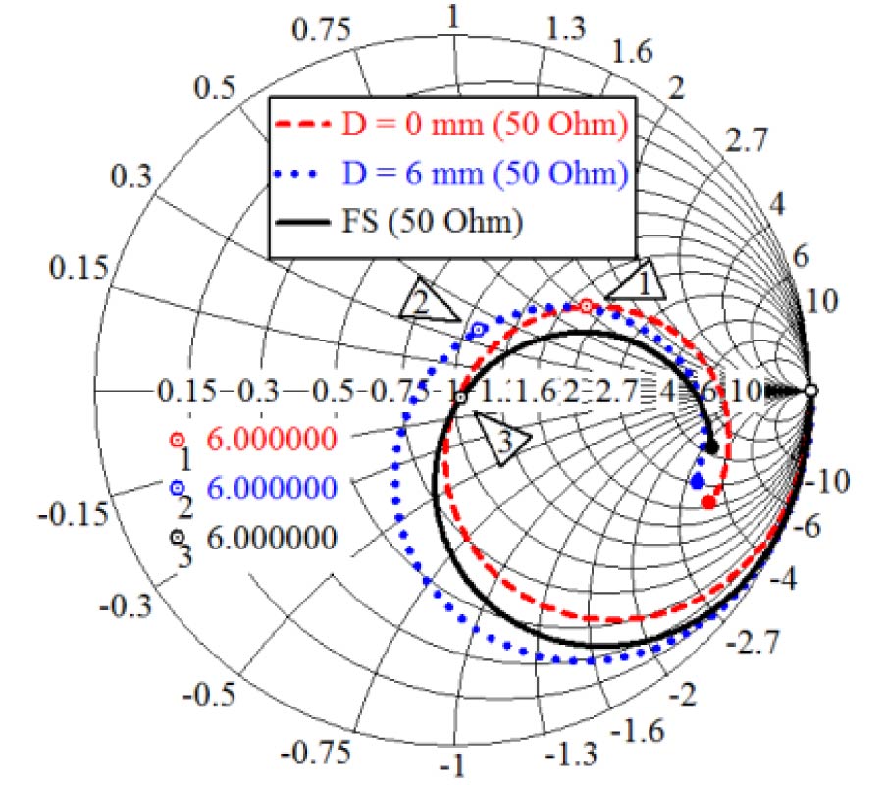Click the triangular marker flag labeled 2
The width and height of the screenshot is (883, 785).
427,303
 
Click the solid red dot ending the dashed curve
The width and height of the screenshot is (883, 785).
708,502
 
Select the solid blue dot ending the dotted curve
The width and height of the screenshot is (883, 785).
698,481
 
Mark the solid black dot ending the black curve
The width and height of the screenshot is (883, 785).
713,447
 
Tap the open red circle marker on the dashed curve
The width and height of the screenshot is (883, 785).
587,307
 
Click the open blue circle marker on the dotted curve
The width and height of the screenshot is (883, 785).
479,330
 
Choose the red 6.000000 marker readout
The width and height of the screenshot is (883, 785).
273,440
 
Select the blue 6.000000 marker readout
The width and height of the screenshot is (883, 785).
273,488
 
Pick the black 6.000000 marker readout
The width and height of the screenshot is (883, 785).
273,537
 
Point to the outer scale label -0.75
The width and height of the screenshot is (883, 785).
315,754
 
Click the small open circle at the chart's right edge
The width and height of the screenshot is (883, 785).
810,391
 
